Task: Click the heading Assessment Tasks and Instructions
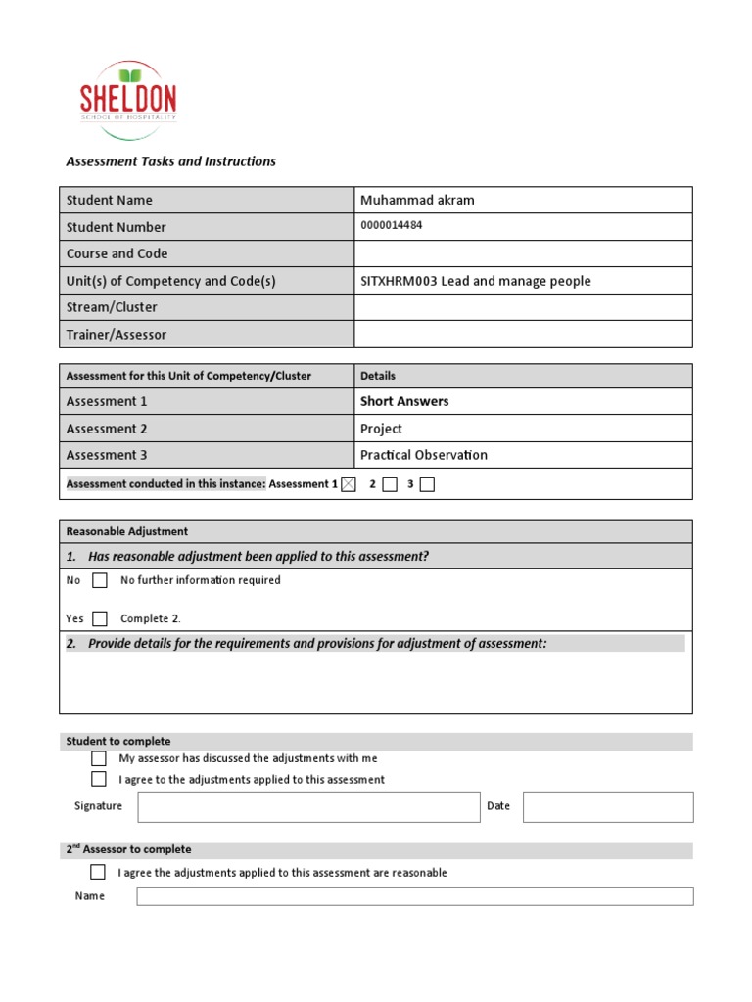click(170, 161)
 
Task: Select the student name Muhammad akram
click(417, 200)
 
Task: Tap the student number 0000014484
click(392, 225)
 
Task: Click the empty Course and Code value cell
click(523, 253)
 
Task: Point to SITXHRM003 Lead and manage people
click(476, 281)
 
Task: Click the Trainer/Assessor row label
click(116, 335)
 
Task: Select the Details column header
click(378, 376)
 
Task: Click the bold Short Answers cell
click(404, 401)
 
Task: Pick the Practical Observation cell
click(423, 455)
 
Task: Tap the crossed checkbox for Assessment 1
click(349, 484)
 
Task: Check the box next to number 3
click(427, 484)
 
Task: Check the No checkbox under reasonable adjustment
click(100, 580)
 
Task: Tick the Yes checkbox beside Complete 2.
click(100, 618)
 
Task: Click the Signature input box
click(308, 807)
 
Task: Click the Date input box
click(607, 807)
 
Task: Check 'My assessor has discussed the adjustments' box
click(99, 758)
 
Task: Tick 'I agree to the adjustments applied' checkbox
click(99, 780)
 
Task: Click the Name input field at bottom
click(414, 896)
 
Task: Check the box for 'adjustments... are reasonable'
click(98, 872)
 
